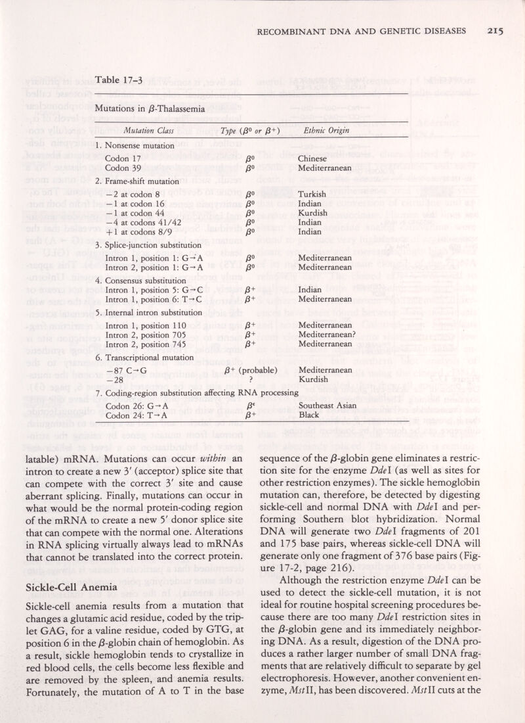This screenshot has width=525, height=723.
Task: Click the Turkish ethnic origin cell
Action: tap(314, 195)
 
